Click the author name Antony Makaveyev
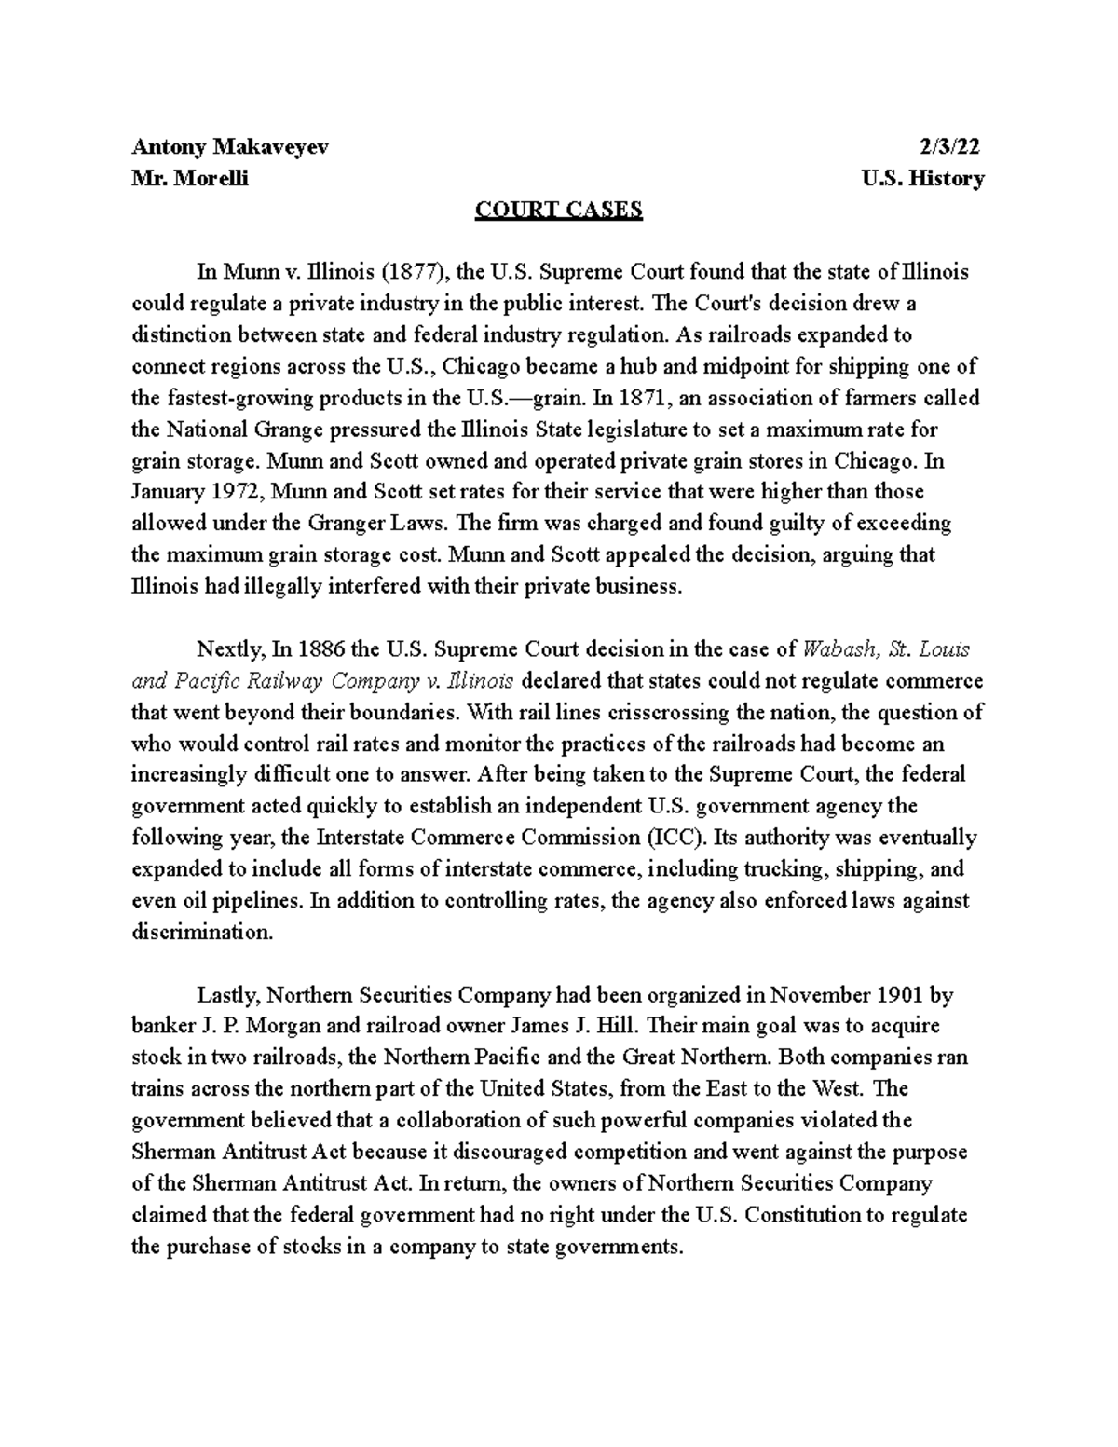coord(229,146)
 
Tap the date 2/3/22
coord(950,146)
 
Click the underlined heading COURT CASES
coord(559,210)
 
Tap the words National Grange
coord(234,430)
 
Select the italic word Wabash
coord(838,649)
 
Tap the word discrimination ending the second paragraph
coord(202,932)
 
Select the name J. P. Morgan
coord(244,1027)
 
